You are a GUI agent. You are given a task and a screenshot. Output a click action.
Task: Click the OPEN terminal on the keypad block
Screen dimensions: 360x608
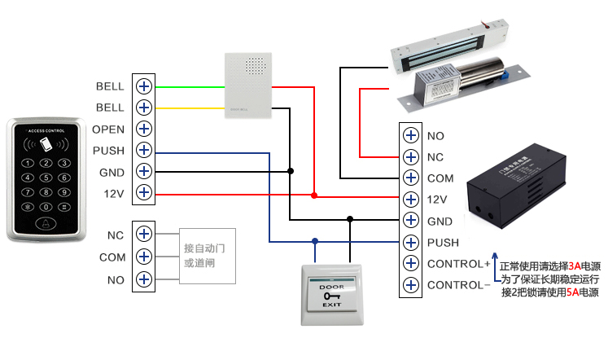tap(145, 129)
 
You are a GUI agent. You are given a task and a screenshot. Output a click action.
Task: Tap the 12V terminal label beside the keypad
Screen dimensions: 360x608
tap(113, 193)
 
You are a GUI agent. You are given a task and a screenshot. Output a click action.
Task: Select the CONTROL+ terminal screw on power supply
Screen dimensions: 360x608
tap(411, 264)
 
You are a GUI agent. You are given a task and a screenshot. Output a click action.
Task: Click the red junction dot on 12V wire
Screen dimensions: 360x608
tap(314, 195)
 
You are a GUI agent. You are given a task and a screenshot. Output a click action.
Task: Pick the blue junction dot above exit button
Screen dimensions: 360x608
tap(314, 241)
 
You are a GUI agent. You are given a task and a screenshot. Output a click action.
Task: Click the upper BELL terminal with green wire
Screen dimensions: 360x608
tap(145, 86)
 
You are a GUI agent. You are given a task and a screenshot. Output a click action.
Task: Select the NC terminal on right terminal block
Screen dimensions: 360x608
tap(411, 156)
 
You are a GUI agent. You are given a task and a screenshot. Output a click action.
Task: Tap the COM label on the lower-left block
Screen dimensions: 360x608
tap(112, 257)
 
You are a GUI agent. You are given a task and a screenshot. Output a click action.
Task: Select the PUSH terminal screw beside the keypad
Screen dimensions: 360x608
tap(145, 150)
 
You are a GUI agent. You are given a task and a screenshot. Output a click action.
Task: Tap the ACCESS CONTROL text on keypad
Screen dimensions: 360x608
tap(46, 131)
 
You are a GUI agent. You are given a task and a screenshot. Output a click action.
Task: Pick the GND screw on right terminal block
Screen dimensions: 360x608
tap(411, 221)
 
